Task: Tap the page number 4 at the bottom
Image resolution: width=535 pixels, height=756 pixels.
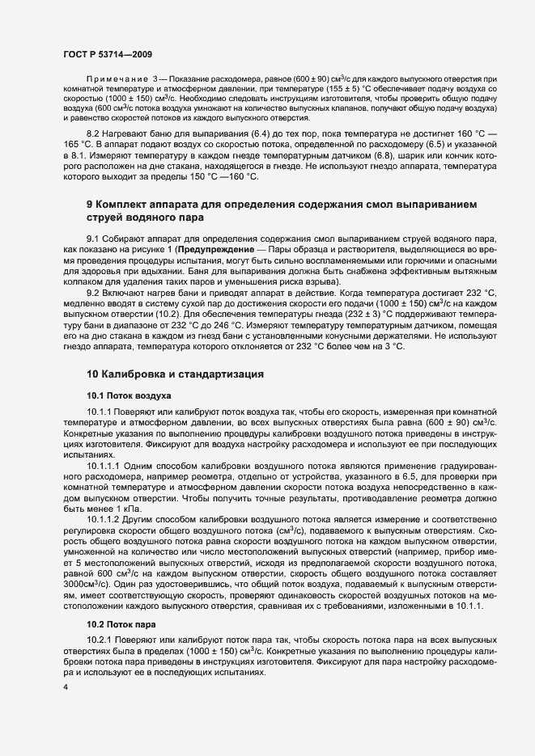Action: point(65,686)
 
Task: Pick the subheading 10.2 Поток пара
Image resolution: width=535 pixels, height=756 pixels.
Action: point(122,625)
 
